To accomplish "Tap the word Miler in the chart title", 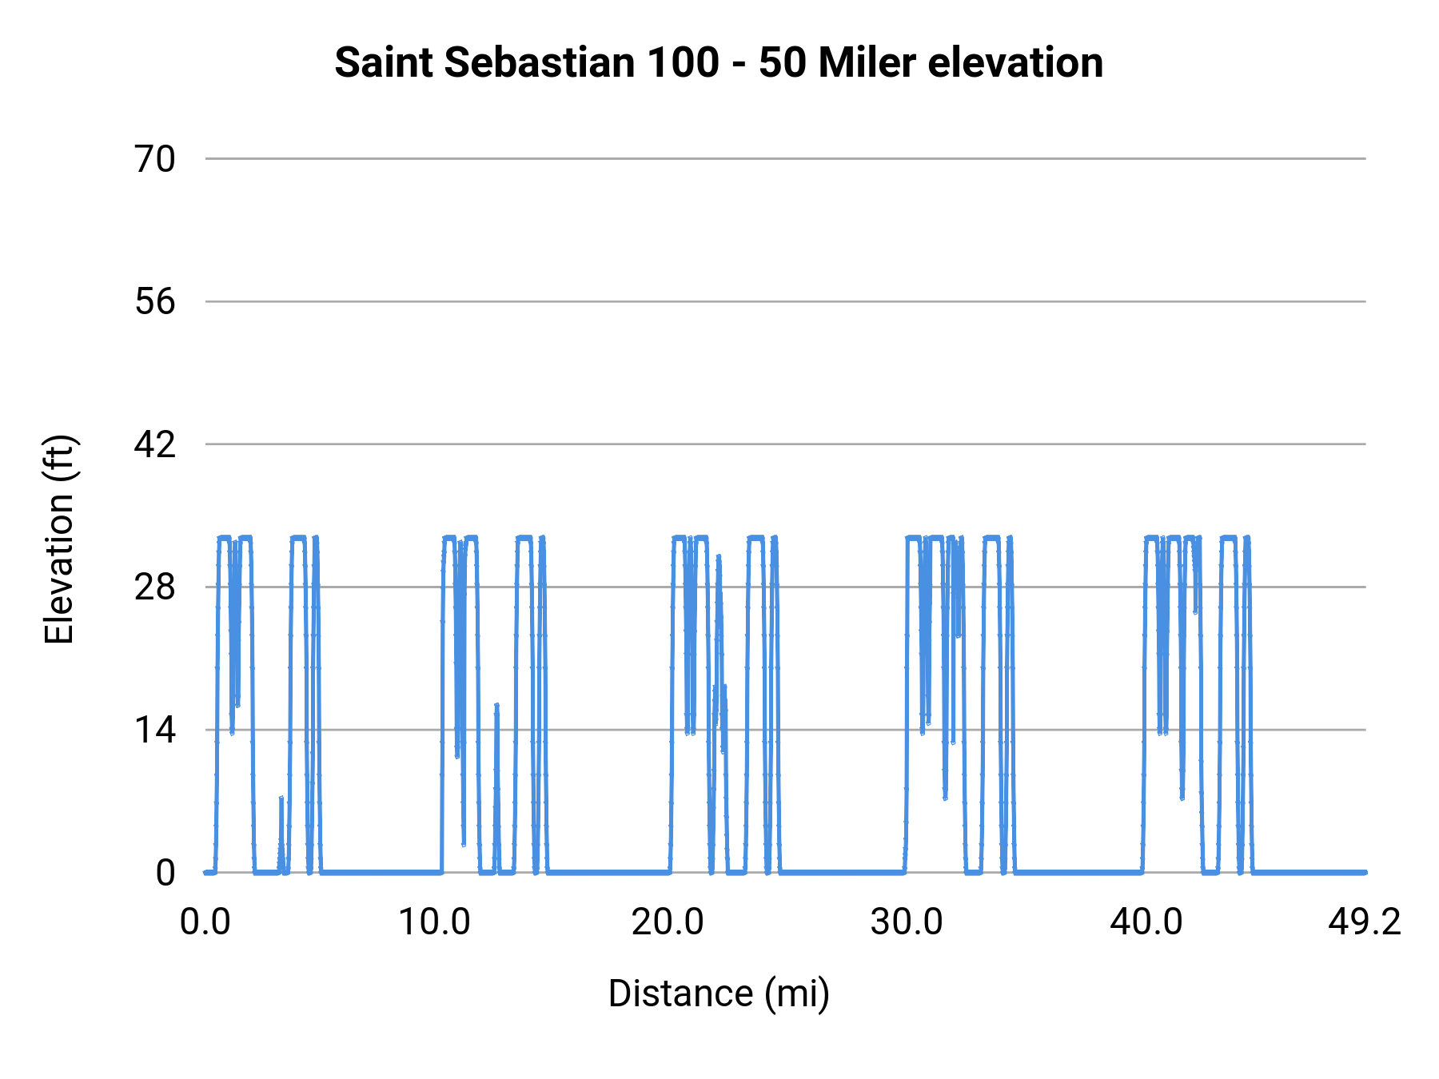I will pos(867,62).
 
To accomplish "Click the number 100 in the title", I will pos(684,62).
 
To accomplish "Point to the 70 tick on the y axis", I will pos(155,159).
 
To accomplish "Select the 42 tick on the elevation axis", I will pos(155,444).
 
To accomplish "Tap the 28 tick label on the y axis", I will pos(155,587).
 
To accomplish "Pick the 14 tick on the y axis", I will pos(155,730).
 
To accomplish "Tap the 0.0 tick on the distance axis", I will pos(205,922).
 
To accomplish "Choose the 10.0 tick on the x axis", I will pos(434,922).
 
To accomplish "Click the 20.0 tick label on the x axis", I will pos(668,922).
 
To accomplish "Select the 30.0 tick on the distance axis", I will pos(907,922).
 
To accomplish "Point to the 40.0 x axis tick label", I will pos(1146,922).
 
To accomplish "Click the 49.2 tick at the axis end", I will pos(1365,922).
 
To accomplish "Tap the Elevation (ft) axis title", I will pos(58,539).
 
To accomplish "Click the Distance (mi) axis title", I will pos(719,993).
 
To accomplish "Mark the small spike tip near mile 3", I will pos(281,798).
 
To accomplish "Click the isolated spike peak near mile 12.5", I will pos(496,705).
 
